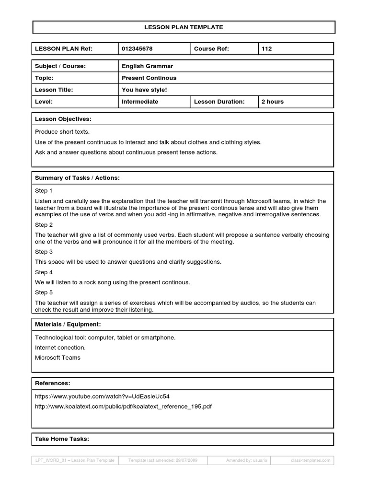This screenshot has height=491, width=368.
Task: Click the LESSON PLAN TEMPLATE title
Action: pyautogui.click(x=184, y=27)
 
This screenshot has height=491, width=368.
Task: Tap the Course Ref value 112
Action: pyautogui.click(x=267, y=49)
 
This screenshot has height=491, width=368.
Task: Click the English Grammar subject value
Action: pyautogui.click(x=148, y=66)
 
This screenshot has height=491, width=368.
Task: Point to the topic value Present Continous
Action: pyautogui.click(x=149, y=78)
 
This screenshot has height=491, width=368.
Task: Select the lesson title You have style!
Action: pyautogui.click(x=144, y=90)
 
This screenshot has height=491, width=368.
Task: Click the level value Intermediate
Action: pyautogui.click(x=140, y=102)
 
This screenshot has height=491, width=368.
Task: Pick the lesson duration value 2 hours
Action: pyautogui.click(x=273, y=102)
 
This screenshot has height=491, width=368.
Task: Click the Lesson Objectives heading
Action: pyautogui.click(x=63, y=119)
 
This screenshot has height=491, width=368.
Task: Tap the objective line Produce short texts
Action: pyautogui.click(x=62, y=131)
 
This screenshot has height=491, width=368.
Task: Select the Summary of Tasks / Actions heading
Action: pyautogui.click(x=77, y=178)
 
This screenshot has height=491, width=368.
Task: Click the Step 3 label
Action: pyautogui.click(x=44, y=252)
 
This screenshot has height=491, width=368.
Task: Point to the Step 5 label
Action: pyautogui.click(x=44, y=292)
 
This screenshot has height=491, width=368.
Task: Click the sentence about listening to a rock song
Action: pyautogui.click(x=113, y=282)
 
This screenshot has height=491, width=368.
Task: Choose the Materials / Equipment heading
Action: pyautogui.click(x=68, y=325)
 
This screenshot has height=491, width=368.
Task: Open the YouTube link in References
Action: pyautogui.click(x=102, y=397)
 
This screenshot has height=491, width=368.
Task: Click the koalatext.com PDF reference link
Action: pyautogui.click(x=123, y=407)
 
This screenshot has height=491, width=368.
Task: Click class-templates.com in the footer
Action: pyautogui.click(x=310, y=460)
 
